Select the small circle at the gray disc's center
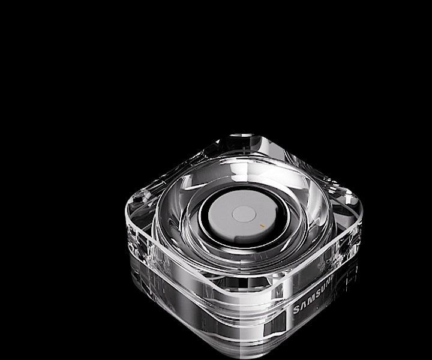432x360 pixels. click(243, 213)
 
